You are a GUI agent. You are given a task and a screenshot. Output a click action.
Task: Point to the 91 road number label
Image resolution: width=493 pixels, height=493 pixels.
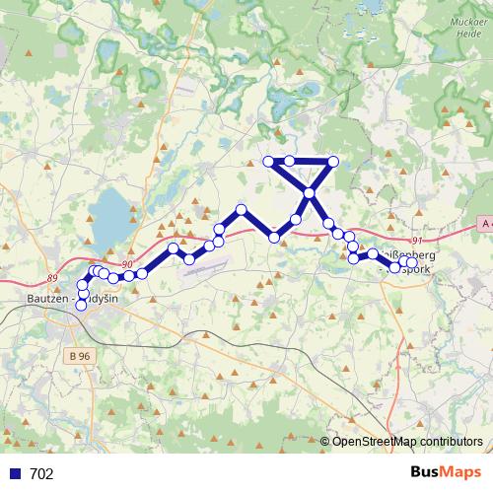417,241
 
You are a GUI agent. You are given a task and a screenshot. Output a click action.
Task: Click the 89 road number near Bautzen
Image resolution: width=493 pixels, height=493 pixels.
52,279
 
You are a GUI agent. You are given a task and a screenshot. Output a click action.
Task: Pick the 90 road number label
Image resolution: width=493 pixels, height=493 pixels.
126,264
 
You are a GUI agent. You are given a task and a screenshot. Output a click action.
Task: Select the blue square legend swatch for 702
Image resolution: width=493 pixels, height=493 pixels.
14,474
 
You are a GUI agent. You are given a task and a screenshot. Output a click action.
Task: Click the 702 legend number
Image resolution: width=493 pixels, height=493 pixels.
41,474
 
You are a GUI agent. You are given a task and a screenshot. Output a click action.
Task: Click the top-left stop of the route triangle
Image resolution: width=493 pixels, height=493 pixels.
268,161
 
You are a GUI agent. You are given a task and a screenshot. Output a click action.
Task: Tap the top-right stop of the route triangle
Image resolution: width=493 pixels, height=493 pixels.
333,161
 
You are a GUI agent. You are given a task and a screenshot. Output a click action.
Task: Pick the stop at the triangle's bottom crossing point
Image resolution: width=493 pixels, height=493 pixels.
310,193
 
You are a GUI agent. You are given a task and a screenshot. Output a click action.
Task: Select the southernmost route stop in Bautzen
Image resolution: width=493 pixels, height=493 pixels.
82,306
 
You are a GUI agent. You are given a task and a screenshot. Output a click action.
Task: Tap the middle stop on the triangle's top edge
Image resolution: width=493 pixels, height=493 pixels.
290,161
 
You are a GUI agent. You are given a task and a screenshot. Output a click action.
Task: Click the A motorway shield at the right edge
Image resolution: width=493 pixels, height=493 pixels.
484,225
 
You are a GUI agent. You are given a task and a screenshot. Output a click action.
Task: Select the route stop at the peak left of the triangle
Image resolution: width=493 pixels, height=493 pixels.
241,209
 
